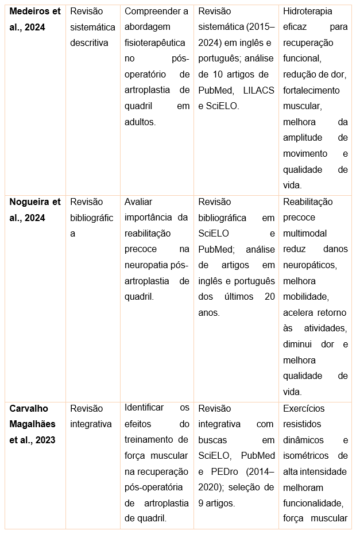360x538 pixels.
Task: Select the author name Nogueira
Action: point(30,202)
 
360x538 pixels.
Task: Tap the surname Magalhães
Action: point(32,424)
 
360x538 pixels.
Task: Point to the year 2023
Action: point(45,440)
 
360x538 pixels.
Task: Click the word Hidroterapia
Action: point(309,11)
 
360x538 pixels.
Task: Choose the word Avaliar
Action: point(138,202)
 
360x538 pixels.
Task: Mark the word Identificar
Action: point(145,408)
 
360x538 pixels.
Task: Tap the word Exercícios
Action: point(304,408)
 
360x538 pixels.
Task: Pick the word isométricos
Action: point(307,456)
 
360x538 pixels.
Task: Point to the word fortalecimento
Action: point(311,90)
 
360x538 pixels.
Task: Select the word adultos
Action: point(140,122)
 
